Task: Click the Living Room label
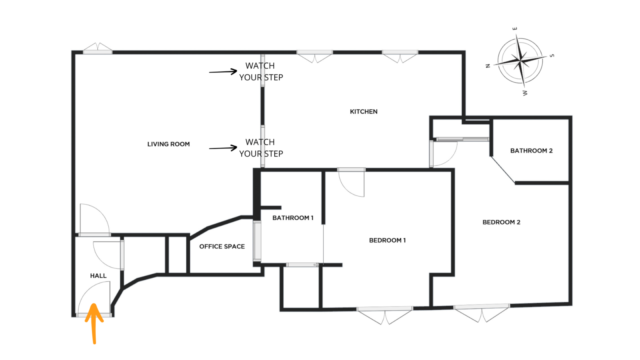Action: click(168, 144)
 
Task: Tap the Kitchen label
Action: click(364, 112)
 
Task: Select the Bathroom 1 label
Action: click(293, 218)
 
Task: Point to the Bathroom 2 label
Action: click(532, 150)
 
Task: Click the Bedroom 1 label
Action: click(388, 240)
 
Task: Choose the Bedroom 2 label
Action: click(502, 222)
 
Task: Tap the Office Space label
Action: click(222, 246)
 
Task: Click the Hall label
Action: click(98, 276)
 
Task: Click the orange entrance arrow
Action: click(94, 324)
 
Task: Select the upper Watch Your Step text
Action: click(261, 72)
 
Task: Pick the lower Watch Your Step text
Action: click(261, 148)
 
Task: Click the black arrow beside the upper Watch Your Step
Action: click(223, 72)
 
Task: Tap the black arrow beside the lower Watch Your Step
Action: click(223, 148)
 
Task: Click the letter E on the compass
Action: click(514, 28)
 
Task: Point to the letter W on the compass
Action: click(525, 93)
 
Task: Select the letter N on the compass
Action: click(488, 66)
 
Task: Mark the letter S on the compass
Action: click(552, 56)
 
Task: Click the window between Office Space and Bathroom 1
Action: click(257, 241)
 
